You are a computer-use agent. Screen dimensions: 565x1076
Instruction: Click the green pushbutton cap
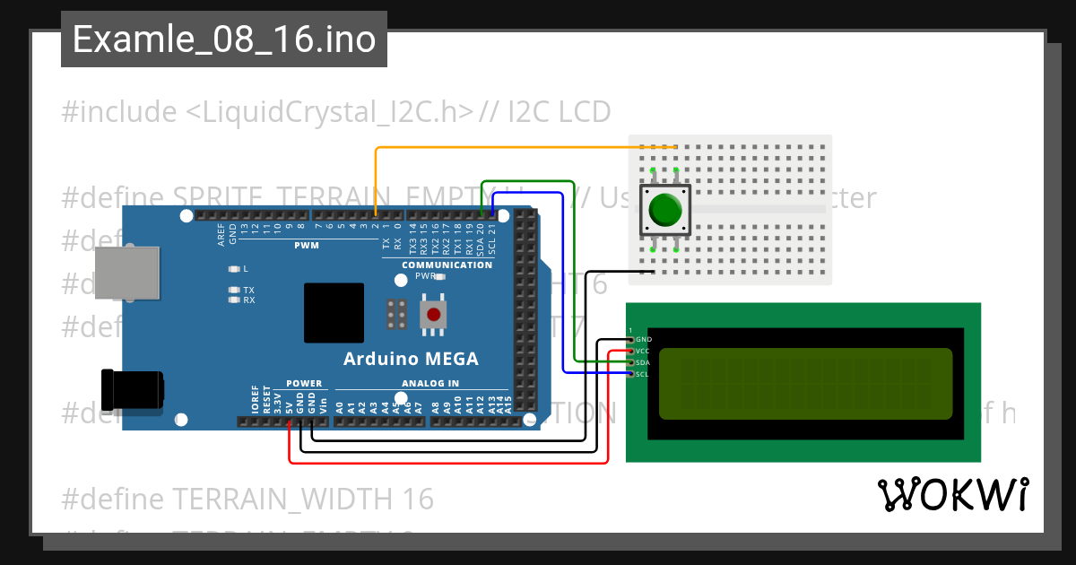tap(665, 211)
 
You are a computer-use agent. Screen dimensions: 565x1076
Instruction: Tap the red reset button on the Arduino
tap(434, 315)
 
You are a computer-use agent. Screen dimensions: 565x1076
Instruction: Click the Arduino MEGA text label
tap(411, 360)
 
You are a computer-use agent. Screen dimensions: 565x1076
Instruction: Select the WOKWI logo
tap(952, 495)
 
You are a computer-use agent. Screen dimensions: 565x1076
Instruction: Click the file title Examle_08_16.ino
tap(223, 40)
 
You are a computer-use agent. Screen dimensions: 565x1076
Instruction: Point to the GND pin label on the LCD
tap(643, 340)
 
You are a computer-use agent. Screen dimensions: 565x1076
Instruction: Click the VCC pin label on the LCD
tap(643, 351)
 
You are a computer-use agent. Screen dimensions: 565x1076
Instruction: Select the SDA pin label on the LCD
tap(643, 362)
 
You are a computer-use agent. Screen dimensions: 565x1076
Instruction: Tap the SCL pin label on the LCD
tap(643, 374)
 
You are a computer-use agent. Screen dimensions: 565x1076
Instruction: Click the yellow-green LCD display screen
tap(805, 384)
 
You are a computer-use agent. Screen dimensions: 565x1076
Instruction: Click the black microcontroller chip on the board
tap(334, 312)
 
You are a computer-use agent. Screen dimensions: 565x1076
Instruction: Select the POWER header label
tap(304, 384)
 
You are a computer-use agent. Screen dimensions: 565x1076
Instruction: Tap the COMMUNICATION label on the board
tap(447, 265)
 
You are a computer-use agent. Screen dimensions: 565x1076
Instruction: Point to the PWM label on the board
tap(306, 246)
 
